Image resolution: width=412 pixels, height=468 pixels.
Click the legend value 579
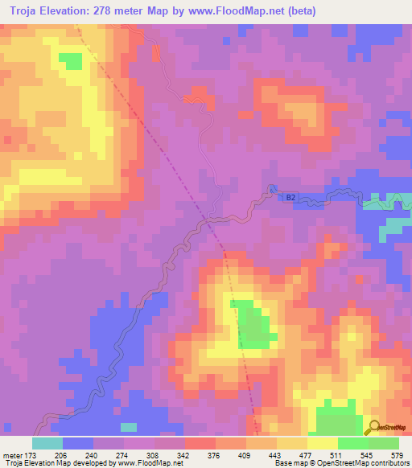coord(397,454)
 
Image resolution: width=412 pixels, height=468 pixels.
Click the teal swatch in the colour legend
coord(47,443)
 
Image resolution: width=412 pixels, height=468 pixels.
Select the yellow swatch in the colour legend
coord(322,443)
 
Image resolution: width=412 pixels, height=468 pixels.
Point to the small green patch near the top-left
coord(71,62)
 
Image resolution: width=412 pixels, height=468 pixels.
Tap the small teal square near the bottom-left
coord(129,426)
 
